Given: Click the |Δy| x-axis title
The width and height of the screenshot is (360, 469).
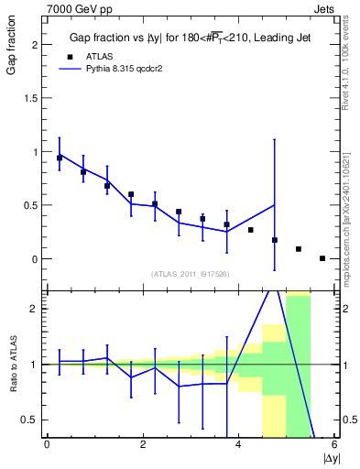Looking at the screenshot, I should coord(330,457).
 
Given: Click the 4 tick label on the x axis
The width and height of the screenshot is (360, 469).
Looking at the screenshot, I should coord(238,444).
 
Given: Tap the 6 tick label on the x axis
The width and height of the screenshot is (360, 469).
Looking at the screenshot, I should coord(334,444).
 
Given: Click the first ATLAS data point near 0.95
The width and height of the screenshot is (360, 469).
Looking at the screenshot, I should coord(60,158).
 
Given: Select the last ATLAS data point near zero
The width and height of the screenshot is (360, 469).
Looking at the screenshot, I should coord(322,258).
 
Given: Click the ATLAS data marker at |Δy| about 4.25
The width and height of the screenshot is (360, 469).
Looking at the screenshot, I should coord(251,230).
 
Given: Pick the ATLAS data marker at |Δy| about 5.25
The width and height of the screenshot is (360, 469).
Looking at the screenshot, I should coord(299,249).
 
